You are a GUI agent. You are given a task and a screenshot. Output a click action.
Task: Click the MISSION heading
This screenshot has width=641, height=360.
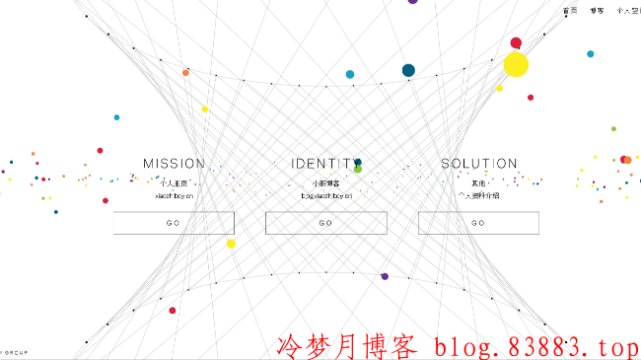coord(174,164)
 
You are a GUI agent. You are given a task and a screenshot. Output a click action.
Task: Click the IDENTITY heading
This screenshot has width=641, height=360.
coord(325,164)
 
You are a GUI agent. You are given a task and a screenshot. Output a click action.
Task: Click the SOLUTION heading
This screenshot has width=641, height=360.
coord(478,164)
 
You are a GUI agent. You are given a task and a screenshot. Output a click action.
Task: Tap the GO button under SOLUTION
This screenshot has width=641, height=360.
coord(478,223)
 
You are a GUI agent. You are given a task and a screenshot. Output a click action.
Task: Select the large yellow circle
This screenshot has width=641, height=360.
coord(516,65)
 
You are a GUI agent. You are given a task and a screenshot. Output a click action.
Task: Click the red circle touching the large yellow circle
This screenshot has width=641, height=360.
coord(516,43)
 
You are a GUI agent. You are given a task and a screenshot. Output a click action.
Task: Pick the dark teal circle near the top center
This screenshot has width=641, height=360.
coord(408,70)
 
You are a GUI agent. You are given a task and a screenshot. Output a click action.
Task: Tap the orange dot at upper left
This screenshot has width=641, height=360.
coord(185,72)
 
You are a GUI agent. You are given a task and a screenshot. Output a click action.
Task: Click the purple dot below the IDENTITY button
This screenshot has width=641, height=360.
coord(385,276)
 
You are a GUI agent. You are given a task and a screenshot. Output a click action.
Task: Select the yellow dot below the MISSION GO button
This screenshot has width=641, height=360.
coord(231,244)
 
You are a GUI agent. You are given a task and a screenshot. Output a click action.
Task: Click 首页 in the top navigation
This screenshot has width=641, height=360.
coord(570,11)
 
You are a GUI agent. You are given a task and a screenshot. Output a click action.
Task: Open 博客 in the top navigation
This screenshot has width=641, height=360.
coord(597,11)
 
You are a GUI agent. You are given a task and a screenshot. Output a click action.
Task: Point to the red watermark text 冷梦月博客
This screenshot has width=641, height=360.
coord(348,346)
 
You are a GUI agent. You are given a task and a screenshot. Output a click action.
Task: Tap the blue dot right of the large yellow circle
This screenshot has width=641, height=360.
coord(591,54)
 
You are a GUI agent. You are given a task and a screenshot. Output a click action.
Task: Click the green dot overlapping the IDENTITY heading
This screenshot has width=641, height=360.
coord(358,169)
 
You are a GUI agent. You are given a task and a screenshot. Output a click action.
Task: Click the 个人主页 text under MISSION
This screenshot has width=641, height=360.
coord(174,183)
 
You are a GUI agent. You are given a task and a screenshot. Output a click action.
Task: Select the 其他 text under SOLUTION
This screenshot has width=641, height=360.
coord(478,183)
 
